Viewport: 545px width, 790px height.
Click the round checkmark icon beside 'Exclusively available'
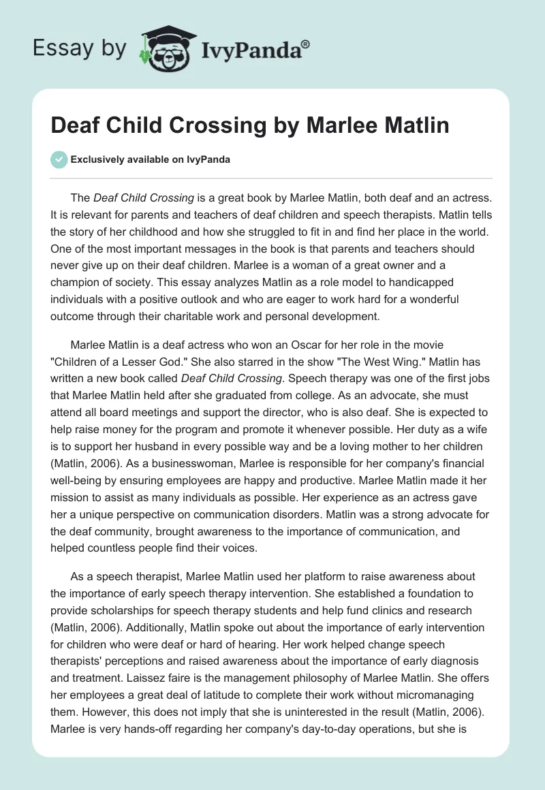click(x=59, y=159)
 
